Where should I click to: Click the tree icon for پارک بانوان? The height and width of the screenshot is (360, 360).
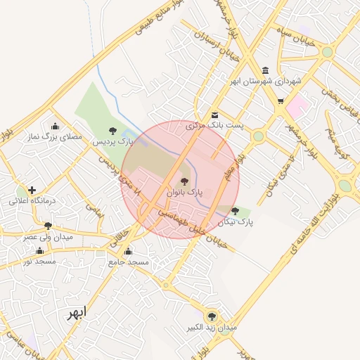pyautogui.click(x=184, y=181)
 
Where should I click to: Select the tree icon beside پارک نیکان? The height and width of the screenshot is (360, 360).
pyautogui.click(x=235, y=212)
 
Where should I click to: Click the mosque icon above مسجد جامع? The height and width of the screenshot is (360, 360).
pyautogui.click(x=128, y=252)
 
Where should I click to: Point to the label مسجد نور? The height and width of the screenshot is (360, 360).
pyautogui.click(x=39, y=261)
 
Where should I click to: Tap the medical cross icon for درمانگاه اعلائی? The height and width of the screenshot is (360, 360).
pyautogui.click(x=32, y=190)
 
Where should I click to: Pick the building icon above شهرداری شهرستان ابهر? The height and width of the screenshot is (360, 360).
pyautogui.click(x=264, y=70)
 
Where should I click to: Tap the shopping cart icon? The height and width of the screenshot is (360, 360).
pyautogui.click(x=281, y=101)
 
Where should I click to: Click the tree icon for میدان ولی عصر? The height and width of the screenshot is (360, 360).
pyautogui.click(x=48, y=226)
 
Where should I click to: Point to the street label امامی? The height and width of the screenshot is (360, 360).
pyautogui.click(x=94, y=208)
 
